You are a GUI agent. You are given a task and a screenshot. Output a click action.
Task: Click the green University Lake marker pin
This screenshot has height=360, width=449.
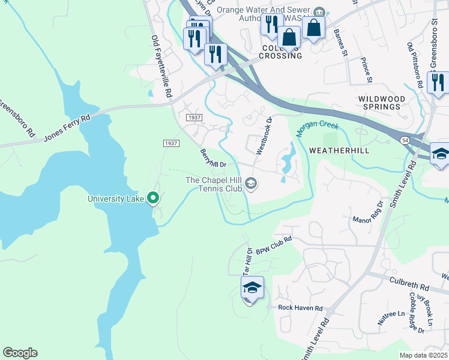pyautogui.click(x=153, y=197)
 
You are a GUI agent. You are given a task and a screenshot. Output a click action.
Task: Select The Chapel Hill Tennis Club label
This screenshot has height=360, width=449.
pyautogui.click(x=213, y=184)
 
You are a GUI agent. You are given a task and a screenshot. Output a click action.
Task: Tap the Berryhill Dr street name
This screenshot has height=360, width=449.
pyautogui.click(x=212, y=158)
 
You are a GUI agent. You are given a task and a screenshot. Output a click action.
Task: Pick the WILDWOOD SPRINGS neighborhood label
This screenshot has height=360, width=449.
pyautogui.click(x=379, y=102)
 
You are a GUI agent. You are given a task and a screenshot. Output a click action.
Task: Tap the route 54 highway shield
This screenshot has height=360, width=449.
pyautogui.click(x=406, y=139)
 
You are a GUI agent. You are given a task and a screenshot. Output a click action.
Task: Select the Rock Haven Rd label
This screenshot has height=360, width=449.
pyautogui.click(x=300, y=308)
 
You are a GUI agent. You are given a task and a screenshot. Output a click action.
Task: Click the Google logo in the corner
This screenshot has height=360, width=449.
pyautogui.click(x=20, y=353)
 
